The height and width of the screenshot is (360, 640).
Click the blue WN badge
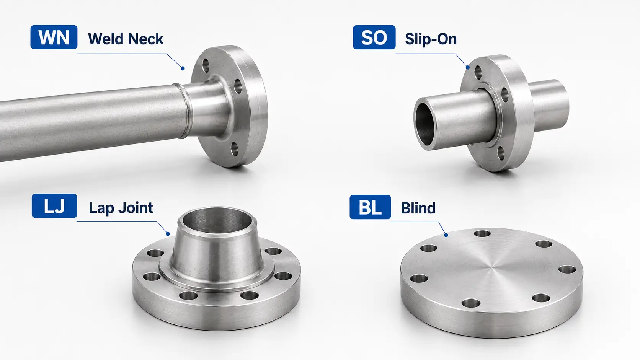point(54,37)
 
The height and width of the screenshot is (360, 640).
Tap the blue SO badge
point(374,37)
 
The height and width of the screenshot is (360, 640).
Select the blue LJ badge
point(54,206)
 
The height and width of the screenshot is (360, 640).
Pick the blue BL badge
point(370,207)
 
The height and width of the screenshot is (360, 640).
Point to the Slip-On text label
point(431,39)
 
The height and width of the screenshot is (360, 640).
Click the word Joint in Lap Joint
point(136,208)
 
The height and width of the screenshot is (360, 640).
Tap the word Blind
point(418,208)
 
